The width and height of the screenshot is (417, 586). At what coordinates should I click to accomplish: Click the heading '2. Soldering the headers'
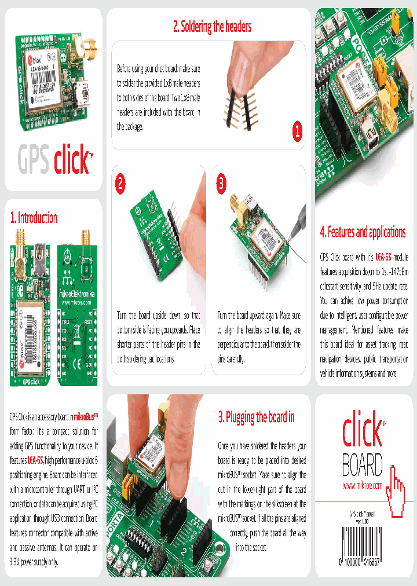tap(212, 27)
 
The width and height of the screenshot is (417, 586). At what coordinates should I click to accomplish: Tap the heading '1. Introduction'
tap(34, 218)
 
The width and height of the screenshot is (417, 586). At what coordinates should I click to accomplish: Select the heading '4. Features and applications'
tap(363, 232)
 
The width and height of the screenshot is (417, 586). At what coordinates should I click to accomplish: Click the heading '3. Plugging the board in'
tap(256, 417)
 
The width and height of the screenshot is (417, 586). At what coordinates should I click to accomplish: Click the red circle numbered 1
tap(297, 132)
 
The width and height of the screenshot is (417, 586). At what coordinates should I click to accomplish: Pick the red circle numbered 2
tap(120, 184)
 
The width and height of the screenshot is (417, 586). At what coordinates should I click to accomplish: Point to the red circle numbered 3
tap(221, 184)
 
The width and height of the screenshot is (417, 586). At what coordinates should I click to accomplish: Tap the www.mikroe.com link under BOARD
tap(362, 485)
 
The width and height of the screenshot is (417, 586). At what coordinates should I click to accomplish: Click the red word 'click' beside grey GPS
tap(71, 160)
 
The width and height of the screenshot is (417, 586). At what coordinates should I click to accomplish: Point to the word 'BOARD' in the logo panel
tap(362, 464)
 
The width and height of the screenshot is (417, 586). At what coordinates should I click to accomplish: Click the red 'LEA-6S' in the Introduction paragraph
tap(35, 460)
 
